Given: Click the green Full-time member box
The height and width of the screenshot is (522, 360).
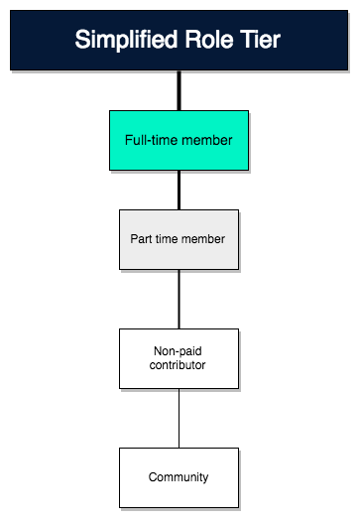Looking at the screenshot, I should [x=179, y=140].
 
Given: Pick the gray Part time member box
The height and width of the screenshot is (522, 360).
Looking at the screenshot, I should [x=179, y=239].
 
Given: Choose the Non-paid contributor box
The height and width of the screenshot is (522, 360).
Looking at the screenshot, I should [x=179, y=358].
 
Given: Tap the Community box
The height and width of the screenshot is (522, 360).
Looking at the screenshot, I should [x=179, y=477].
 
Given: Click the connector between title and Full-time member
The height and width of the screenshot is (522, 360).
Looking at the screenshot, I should [x=179, y=90].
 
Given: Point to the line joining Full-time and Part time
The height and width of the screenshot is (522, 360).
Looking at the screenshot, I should [x=179, y=190].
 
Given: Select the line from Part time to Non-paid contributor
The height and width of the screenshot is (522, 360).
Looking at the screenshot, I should [x=179, y=299].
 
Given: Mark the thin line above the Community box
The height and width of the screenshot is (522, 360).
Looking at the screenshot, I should [x=179, y=418].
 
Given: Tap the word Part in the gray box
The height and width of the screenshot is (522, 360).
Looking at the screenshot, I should [x=142, y=239].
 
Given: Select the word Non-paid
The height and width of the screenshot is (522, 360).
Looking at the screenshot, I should [x=179, y=350].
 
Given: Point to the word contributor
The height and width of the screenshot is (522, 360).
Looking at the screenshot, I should [x=179, y=366].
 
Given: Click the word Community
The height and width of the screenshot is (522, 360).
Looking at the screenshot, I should [x=179, y=477].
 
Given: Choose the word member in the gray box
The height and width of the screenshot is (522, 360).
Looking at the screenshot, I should [x=206, y=239].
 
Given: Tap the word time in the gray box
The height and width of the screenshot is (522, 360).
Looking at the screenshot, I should [x=169, y=239].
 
